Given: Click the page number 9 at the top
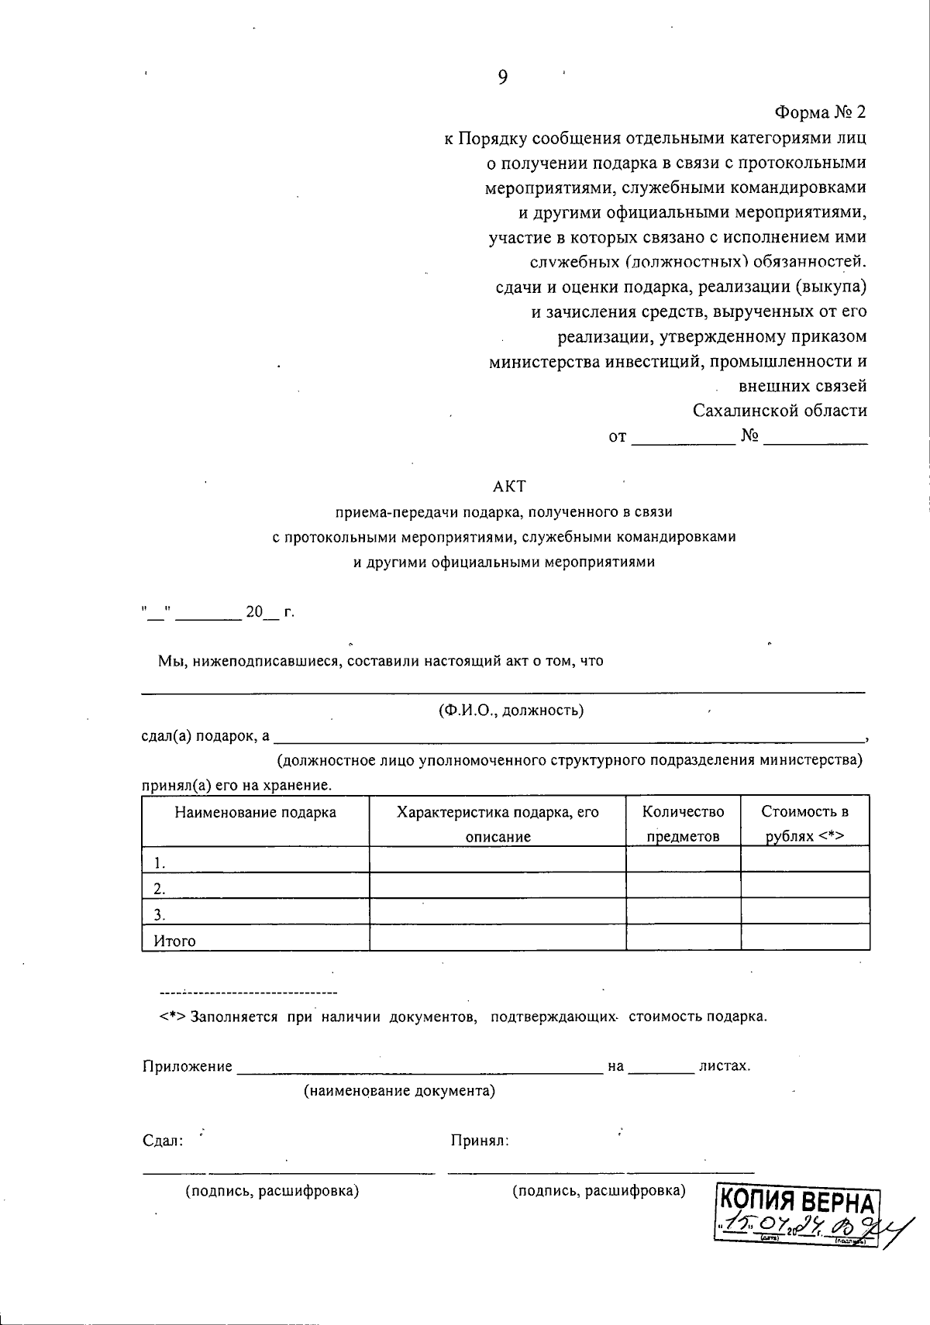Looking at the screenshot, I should (503, 77).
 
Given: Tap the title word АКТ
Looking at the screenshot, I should (509, 487).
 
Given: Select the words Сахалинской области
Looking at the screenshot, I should (780, 411).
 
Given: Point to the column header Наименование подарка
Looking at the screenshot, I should (255, 812).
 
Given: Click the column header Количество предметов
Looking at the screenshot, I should (683, 823).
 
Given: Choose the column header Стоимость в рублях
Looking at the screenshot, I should (804, 823).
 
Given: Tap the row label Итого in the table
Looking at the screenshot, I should (174, 941).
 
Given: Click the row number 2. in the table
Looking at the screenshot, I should (160, 888).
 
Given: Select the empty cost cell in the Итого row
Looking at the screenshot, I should (804, 938).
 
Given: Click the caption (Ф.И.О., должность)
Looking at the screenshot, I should (510, 710).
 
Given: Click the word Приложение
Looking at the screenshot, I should (188, 1066).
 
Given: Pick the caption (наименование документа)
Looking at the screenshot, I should (399, 1091).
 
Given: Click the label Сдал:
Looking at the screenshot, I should (163, 1141).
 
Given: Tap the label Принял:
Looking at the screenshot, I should (479, 1141).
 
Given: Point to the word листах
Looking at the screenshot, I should (724, 1065).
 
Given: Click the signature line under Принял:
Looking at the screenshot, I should (601, 1171).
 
